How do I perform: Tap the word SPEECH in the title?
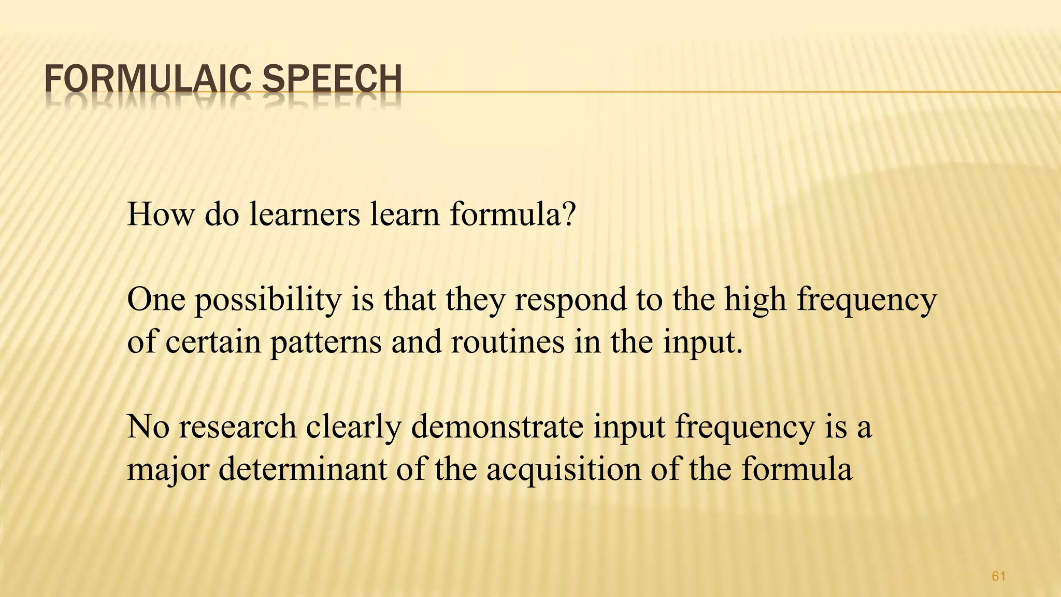332,80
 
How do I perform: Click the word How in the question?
160,214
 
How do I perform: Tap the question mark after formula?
568,214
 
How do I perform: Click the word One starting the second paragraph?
155,300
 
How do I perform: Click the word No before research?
148,427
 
